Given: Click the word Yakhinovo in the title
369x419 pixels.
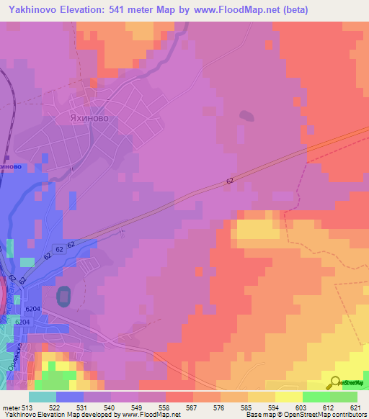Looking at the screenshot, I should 35,9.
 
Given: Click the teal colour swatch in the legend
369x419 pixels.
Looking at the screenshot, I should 43,396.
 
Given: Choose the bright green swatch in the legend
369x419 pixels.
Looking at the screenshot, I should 316,396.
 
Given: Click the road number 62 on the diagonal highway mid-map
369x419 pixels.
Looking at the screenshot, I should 229,181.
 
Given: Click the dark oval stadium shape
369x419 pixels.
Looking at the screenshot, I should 63,295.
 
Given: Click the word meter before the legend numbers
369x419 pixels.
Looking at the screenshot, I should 11,407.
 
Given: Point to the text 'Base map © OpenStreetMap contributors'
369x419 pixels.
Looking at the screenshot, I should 306,415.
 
